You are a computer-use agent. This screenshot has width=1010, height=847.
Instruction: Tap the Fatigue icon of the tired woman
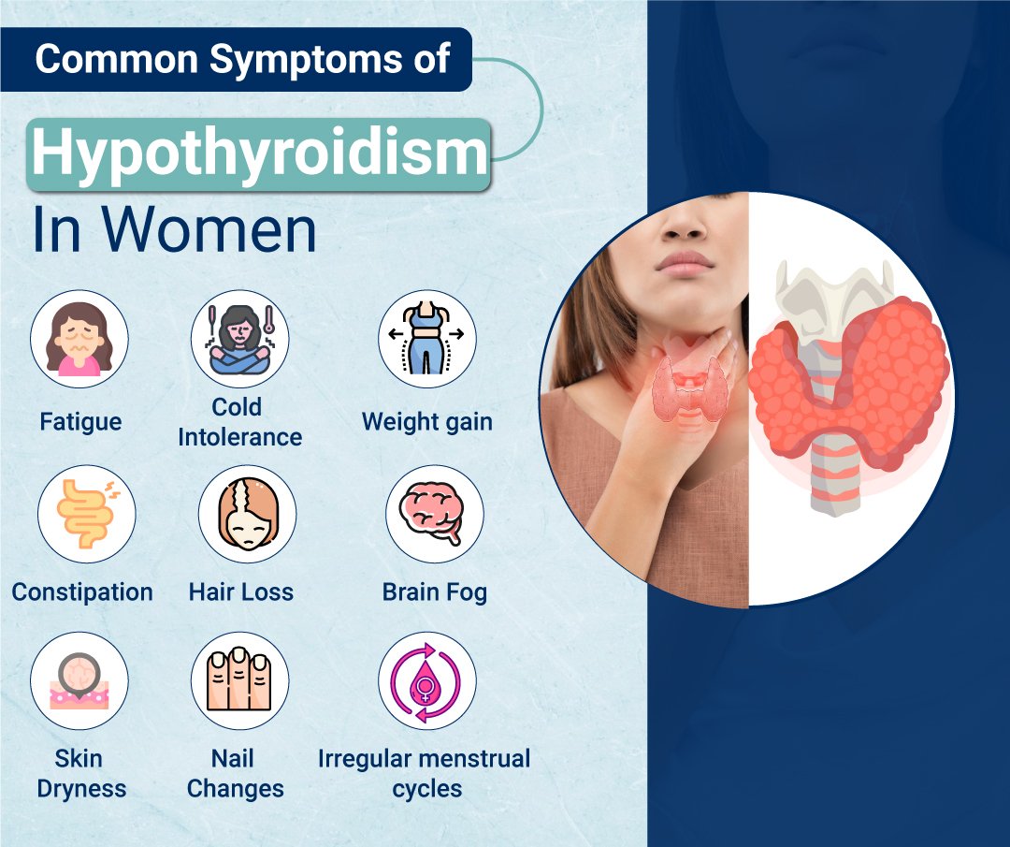tap(79, 339)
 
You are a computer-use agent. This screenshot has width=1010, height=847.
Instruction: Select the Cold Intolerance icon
tap(240, 339)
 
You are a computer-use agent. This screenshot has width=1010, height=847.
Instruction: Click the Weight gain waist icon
tap(427, 339)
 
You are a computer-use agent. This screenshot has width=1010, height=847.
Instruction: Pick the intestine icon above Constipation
tap(86, 513)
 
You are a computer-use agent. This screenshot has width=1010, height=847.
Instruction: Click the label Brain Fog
tap(434, 592)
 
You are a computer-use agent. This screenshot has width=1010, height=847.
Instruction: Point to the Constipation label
tap(82, 592)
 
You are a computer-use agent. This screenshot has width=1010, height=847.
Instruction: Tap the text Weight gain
tap(427, 422)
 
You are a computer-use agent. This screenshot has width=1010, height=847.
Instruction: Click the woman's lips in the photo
tap(685, 261)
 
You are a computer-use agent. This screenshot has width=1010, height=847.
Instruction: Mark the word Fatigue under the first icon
tap(80, 422)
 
